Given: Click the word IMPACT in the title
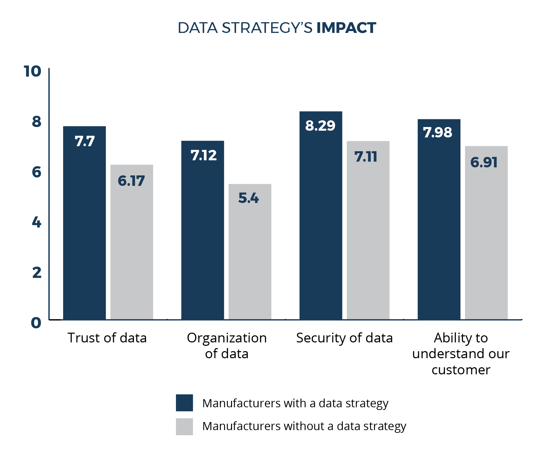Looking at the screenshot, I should pos(346,28).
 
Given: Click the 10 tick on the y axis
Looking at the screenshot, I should pos(33,71).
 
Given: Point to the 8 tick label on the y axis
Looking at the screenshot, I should pos(36,122).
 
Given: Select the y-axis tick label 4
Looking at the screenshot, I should pos(36,222).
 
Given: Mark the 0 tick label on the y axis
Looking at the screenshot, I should pos(36,323).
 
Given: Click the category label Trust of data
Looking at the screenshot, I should pos(107,338).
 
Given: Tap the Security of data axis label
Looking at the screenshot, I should pos(344,338).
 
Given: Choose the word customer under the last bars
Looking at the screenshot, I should pos(461,370).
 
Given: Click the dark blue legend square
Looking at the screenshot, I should pos(184,403).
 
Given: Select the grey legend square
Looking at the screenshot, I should pos(184,426).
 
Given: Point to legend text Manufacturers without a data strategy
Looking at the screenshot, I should pos(304,426).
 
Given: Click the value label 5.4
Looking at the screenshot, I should pos(248,198).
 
